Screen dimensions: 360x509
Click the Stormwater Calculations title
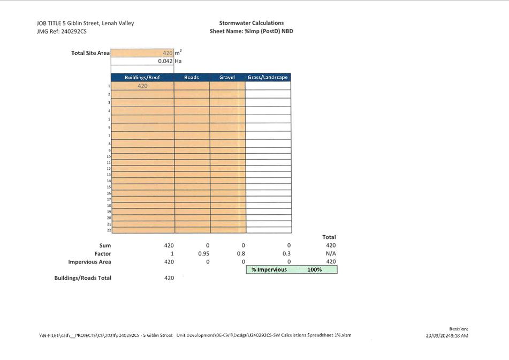(x=251, y=23)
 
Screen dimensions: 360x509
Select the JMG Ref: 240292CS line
(x=61, y=32)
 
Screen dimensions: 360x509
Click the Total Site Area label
(x=90, y=53)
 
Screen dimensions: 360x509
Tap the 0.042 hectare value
(x=165, y=61)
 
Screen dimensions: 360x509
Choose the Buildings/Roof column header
(x=142, y=77)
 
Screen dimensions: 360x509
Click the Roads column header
(x=191, y=77)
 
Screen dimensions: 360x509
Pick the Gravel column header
(x=227, y=77)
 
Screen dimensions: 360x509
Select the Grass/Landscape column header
(x=268, y=77)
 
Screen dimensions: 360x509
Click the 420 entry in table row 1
(x=142, y=86)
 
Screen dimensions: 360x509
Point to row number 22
(x=109, y=230)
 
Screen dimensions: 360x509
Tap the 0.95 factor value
(x=203, y=253)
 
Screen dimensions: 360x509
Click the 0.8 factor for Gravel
(x=241, y=253)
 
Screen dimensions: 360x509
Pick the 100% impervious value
(x=315, y=269)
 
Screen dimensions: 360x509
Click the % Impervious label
(x=269, y=269)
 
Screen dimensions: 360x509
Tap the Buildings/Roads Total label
(x=82, y=278)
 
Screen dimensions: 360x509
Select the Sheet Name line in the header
(x=251, y=31)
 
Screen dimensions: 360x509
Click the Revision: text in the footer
(x=458, y=328)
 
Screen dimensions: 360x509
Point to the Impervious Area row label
(x=89, y=261)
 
